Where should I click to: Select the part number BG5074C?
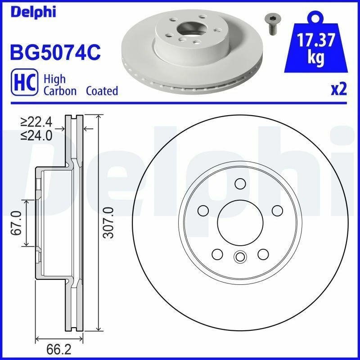(x=54, y=53)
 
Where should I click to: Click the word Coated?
(x=102, y=91)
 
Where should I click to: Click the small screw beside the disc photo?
(x=271, y=24)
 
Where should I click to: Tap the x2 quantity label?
(x=339, y=90)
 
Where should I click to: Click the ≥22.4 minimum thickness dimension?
(x=36, y=122)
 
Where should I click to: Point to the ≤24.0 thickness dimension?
(x=36, y=135)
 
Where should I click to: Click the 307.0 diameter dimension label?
(x=107, y=223)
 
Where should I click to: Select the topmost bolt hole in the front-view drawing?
(x=240, y=184)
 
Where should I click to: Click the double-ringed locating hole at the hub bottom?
(x=239, y=257)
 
